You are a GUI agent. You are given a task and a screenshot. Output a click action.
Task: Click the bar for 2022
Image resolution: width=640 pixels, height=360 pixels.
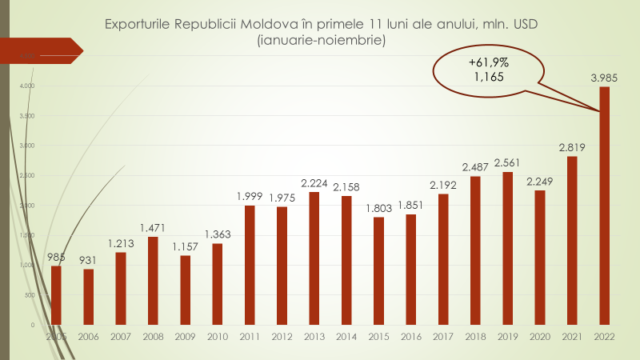605,206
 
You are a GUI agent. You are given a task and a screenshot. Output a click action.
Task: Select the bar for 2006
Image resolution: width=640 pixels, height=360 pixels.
88,297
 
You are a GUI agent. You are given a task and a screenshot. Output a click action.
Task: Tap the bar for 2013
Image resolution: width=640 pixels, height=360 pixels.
314,258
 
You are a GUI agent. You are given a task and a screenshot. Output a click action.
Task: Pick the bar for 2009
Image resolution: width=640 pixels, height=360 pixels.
185,290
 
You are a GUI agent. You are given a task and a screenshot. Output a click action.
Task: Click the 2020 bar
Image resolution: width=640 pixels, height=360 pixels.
540,258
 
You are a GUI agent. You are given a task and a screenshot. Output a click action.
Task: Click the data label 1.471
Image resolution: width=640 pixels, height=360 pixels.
153,228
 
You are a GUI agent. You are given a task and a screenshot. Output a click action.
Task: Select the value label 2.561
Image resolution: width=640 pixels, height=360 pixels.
508,163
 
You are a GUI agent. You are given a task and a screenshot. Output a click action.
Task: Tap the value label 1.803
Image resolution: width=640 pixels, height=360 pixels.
378,208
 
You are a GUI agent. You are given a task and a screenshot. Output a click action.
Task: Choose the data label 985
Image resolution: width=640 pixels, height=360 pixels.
56,257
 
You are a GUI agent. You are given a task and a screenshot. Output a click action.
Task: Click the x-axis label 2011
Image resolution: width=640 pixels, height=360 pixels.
250,337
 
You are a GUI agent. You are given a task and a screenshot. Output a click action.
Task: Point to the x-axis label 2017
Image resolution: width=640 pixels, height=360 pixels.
443,337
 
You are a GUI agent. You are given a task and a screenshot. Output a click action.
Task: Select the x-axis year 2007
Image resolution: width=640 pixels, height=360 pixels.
121,337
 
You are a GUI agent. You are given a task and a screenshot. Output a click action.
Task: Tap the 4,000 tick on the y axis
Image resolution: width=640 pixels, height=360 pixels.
28,86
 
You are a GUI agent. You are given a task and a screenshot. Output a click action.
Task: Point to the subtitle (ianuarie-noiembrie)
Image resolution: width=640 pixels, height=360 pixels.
322,41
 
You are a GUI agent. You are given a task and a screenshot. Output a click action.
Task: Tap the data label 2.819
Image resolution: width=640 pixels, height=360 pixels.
573,147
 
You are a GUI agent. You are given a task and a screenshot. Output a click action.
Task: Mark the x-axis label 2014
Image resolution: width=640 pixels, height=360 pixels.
346,337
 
